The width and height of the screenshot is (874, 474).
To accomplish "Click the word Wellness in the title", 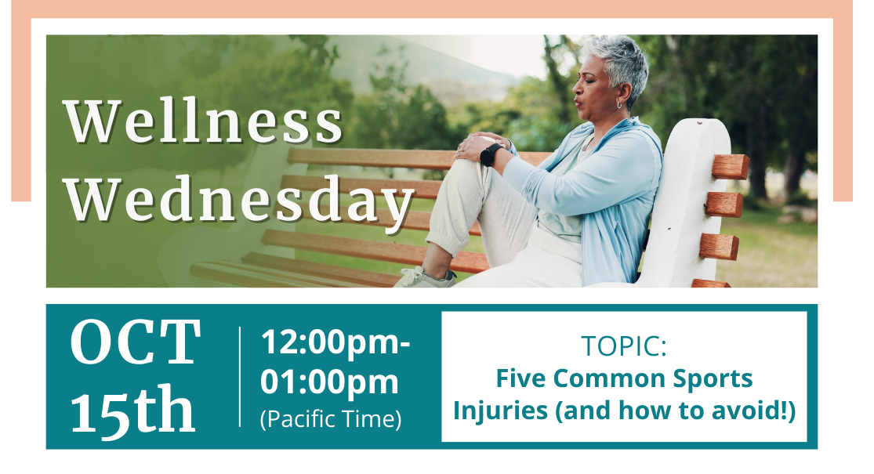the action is point(203,121).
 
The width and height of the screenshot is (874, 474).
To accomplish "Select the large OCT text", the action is point(135,342).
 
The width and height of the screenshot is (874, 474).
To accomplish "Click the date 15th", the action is point(132,409).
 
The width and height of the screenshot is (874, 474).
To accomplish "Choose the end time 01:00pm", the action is point(329,382).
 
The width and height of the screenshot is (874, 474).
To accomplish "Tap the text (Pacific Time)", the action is point(331,419).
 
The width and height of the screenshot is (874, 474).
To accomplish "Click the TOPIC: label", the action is point(624,346).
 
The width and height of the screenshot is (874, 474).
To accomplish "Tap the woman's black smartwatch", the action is point(489,155).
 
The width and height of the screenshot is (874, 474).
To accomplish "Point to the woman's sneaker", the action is point(425,278).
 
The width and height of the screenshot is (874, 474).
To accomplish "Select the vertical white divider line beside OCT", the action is point(240,377).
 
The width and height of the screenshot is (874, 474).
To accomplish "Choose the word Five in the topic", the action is point(522,378).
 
